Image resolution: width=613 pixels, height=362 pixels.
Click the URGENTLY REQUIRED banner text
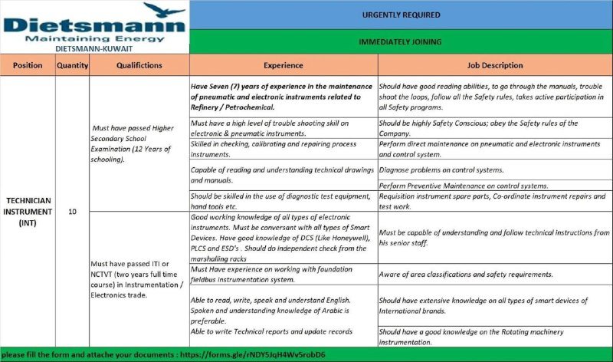(x=401, y=15)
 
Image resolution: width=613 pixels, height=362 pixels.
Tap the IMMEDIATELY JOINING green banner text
(x=400, y=41)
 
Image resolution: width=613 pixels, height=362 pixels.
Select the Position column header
(x=28, y=66)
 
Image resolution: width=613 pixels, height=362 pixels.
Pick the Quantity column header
(x=73, y=66)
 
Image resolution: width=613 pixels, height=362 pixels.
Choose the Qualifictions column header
(x=139, y=66)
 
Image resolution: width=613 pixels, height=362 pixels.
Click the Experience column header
(x=283, y=66)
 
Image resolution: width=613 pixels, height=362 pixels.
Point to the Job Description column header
(x=494, y=66)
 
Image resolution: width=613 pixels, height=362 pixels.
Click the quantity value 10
(x=73, y=212)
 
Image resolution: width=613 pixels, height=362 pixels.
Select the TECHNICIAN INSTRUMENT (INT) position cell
(x=28, y=212)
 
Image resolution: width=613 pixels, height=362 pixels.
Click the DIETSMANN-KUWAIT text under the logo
(x=94, y=48)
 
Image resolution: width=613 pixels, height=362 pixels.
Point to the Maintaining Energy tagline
(x=95, y=37)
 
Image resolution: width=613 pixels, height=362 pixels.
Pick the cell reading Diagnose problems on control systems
(x=441, y=169)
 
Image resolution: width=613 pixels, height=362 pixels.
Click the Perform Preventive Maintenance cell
(x=464, y=186)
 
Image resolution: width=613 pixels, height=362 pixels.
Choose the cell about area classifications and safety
(x=466, y=274)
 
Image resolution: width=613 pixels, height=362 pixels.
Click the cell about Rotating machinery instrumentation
(x=470, y=337)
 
